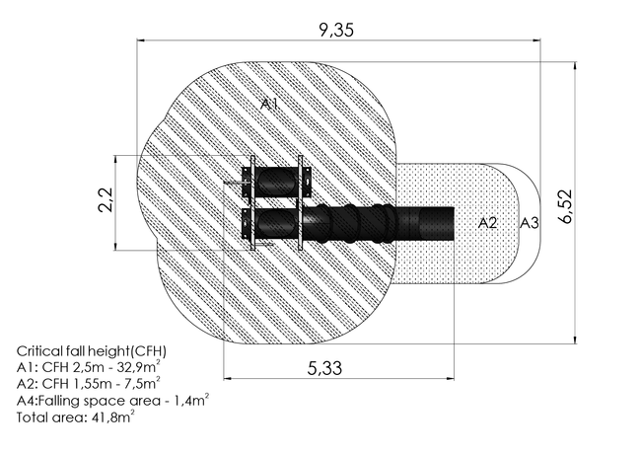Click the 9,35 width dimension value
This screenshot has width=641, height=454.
336,31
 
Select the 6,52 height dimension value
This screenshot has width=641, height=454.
566,205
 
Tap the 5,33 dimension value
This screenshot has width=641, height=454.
324,368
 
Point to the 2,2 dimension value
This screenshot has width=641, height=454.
106,199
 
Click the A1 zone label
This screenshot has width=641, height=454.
269,105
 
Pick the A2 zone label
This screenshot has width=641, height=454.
488,223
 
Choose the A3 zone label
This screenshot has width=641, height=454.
530,223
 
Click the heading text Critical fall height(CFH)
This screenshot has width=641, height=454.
92,351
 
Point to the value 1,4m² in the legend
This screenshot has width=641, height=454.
192,400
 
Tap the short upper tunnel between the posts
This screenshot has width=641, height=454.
277,182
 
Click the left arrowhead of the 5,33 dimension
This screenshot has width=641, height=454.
228,378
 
